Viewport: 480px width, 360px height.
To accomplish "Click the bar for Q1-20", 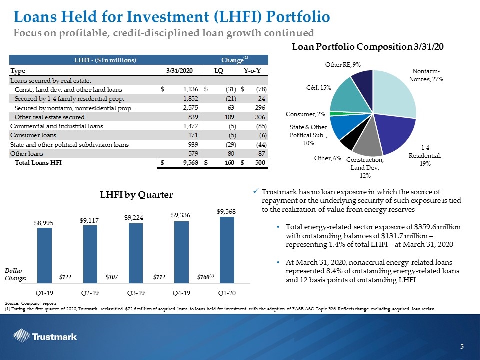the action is (227, 250).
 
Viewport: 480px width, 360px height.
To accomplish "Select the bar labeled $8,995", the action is (44, 255).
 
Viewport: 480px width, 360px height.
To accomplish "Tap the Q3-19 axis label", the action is (136, 293).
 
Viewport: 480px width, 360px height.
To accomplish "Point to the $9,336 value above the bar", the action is (181, 215).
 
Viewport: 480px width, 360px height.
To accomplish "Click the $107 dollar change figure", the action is (111, 277).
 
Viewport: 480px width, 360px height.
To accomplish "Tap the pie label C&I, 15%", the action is (318, 88).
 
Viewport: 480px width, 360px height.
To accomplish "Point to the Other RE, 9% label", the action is (343, 65).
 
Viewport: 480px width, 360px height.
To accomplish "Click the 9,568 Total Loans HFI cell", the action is (190, 163).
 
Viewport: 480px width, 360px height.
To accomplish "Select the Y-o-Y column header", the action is (252, 71).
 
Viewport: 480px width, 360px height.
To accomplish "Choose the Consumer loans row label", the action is (33, 135).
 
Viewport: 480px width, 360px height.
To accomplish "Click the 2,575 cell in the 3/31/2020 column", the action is (190, 108).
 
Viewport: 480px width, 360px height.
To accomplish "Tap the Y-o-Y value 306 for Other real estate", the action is (260, 117).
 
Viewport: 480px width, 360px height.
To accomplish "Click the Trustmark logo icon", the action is (21, 336).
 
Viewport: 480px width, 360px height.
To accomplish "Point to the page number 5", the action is (462, 347).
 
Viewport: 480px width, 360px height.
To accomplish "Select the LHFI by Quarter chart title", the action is (136, 195).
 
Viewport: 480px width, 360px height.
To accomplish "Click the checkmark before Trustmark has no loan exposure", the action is (256, 191).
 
